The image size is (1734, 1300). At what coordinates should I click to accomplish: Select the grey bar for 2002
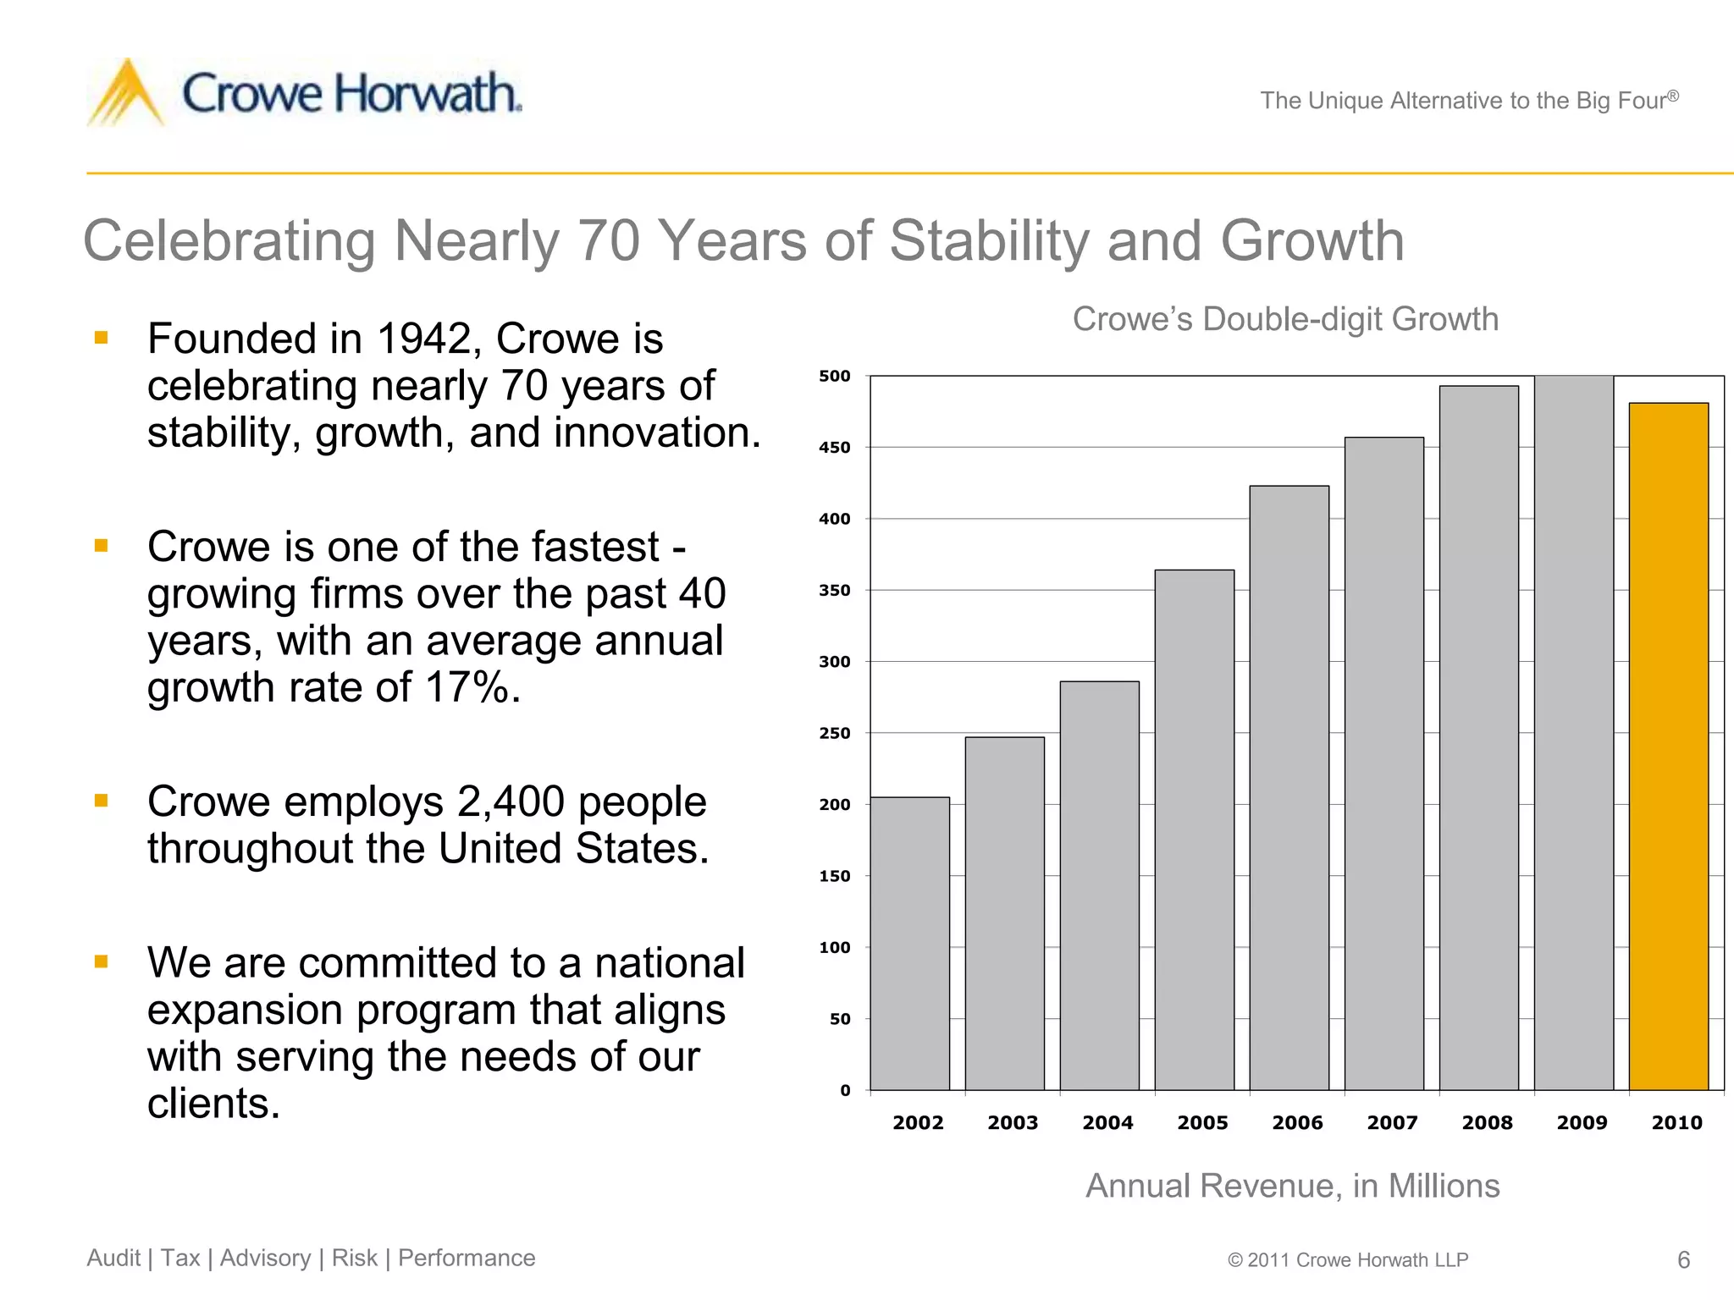point(910,943)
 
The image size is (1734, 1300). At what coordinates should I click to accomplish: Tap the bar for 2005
point(1195,829)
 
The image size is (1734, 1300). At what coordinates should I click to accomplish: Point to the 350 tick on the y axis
point(834,591)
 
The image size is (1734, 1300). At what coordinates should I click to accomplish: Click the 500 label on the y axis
point(834,376)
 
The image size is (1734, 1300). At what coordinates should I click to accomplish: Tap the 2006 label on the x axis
point(1297,1123)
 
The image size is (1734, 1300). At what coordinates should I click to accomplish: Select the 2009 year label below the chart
point(1582,1123)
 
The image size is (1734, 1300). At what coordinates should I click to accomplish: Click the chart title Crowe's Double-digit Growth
point(1285,319)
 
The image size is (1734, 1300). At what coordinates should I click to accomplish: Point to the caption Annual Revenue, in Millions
point(1293,1186)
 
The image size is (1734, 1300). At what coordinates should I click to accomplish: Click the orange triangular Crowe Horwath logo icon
point(127,93)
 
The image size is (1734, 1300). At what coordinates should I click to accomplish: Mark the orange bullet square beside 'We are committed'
point(102,961)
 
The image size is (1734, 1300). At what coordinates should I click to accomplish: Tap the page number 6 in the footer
point(1683,1260)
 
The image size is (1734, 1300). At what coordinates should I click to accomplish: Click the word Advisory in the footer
point(265,1259)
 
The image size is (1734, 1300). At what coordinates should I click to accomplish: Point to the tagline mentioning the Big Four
point(1469,101)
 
